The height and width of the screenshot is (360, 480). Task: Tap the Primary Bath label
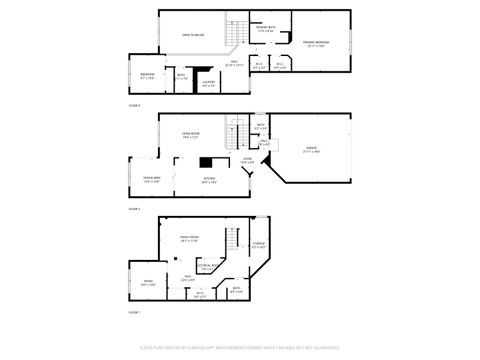266,30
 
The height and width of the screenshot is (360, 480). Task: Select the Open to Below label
191,35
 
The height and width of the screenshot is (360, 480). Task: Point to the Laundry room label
208,83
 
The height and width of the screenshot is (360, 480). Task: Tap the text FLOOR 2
134,209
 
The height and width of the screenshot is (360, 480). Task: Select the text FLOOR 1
134,313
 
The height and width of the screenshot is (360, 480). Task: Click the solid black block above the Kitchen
208,162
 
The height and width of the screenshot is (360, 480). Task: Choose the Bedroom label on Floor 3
147,74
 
